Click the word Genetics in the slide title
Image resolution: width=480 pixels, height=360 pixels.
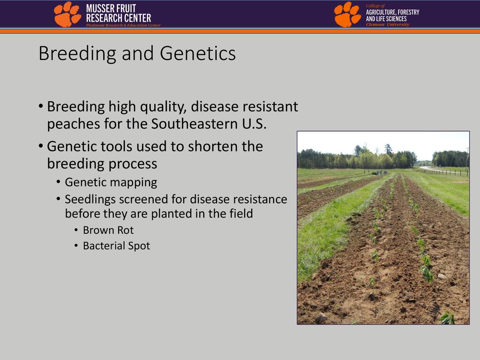198,53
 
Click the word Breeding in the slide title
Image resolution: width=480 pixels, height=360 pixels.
77,54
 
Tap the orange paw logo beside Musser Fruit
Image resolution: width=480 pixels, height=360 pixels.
67,14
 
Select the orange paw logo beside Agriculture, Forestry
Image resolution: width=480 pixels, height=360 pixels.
347,15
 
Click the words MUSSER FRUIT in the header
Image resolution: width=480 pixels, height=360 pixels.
111,8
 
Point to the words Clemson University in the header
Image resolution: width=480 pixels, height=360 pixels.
388,24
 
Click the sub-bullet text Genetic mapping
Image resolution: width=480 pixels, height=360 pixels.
111,182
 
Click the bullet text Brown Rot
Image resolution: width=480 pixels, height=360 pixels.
108,230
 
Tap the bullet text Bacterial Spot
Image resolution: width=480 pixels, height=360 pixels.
116,246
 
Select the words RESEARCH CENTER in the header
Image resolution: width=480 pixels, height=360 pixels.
119,18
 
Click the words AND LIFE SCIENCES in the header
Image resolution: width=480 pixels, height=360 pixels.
386,19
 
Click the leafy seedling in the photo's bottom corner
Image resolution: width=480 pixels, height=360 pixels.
448,318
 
